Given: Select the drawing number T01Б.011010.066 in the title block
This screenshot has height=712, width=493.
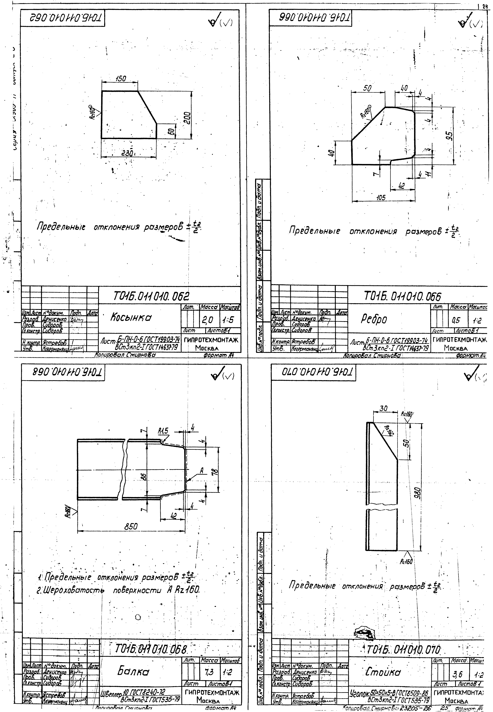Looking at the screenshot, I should coord(402,297).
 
